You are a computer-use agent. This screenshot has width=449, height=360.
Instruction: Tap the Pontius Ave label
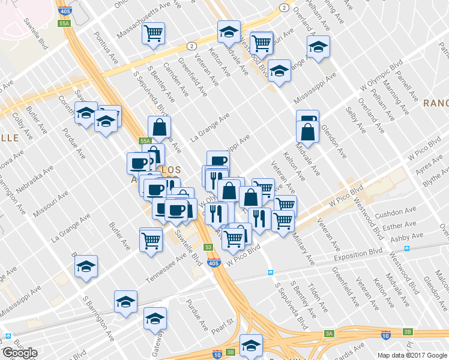point(106,47)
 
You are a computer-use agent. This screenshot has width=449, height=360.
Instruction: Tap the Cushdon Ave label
point(395,214)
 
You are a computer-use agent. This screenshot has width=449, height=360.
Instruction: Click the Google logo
point(20,353)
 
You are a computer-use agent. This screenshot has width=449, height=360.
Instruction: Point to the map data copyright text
point(412,355)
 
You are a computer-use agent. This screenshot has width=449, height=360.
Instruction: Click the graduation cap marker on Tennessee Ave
point(86,266)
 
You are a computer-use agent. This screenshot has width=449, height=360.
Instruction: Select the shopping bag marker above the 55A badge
point(159,127)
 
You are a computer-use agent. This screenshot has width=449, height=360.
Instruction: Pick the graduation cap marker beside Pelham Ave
point(318,46)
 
